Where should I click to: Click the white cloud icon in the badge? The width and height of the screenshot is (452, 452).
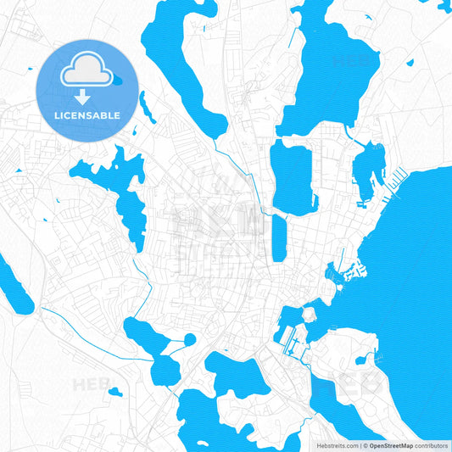tap(86, 70)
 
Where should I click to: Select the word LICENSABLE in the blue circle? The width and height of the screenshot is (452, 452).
tap(87, 114)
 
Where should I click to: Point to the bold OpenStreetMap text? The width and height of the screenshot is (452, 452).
tap(391, 444)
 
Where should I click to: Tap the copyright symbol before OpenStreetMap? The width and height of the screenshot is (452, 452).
tap(366, 444)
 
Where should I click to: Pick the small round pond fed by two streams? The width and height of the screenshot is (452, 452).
tap(189, 339)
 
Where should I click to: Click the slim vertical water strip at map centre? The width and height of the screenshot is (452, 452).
tap(279, 237)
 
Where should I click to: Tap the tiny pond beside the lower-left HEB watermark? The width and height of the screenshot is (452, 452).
tap(115, 392)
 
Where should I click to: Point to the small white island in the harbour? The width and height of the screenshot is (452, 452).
tap(310, 315)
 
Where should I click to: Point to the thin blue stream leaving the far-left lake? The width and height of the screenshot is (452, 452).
tap(76, 323)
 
